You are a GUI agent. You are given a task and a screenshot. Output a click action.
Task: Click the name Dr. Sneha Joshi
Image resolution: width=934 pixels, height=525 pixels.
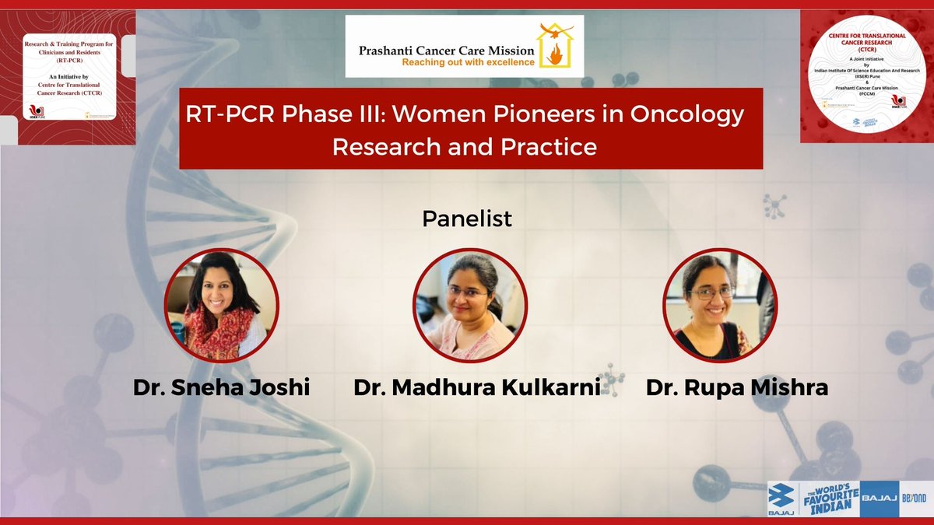tap(220, 387)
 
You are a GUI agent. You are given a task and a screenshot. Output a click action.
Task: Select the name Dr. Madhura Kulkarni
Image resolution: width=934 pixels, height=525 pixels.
tap(477, 387)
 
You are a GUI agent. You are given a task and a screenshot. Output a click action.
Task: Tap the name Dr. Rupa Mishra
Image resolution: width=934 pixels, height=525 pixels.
tap(736, 387)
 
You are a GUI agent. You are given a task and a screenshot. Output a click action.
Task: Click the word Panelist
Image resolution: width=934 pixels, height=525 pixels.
tap(467, 219)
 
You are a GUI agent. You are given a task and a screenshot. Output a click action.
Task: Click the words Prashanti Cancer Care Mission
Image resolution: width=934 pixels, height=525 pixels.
tap(446, 49)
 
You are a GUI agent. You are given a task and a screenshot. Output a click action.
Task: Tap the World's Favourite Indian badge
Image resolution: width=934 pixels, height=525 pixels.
tap(832, 499)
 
